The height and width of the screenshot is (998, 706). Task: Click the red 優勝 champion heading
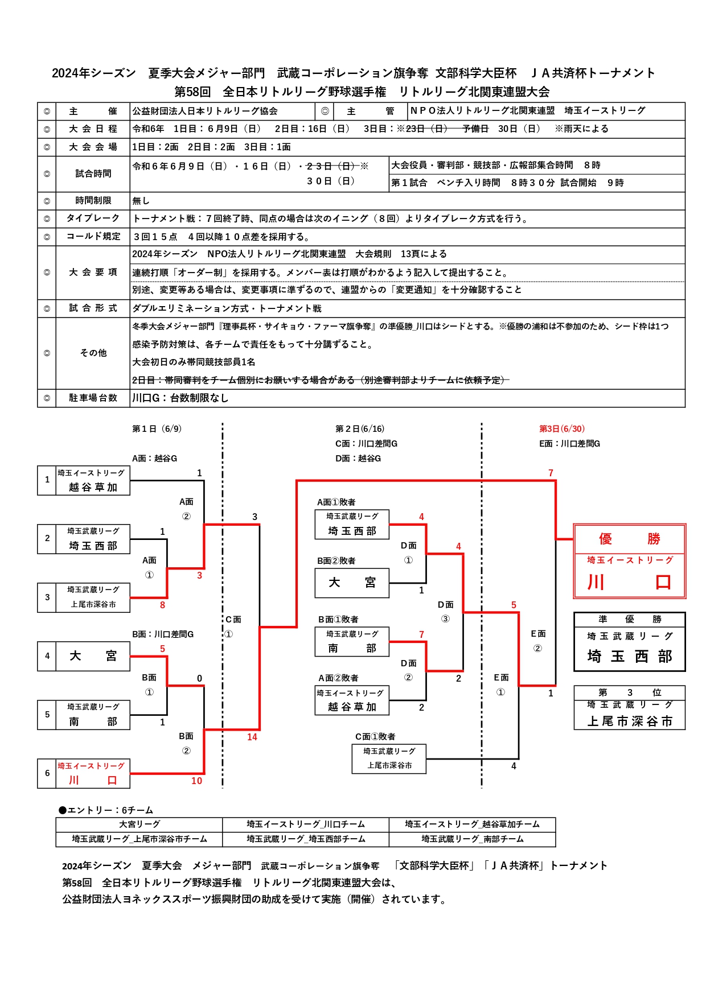629,539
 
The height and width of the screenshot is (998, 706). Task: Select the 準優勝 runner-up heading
629,619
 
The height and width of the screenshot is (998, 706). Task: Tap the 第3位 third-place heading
629,692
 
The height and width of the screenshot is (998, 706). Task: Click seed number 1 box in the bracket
47,480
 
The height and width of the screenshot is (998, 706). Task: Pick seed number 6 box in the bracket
47,773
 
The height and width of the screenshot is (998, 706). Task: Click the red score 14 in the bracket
252,737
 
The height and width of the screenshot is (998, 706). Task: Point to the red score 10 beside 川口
196,781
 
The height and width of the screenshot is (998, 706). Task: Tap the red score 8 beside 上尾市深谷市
162,605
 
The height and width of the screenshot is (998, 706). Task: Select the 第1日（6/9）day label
157,428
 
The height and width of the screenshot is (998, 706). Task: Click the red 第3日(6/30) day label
562,428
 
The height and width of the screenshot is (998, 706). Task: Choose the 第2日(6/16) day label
360,428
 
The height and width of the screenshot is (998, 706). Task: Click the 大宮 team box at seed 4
93,656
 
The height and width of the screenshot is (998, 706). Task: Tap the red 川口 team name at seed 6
93,780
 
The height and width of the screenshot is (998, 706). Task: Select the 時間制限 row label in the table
93,201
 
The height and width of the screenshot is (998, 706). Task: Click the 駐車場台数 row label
93,398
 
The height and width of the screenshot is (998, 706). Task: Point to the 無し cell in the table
141,201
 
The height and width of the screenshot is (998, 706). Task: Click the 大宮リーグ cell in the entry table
139,824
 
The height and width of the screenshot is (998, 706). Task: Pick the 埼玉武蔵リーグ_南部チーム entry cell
473,839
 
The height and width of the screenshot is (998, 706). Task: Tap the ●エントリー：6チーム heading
106,810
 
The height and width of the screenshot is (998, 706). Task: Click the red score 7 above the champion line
551,473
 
